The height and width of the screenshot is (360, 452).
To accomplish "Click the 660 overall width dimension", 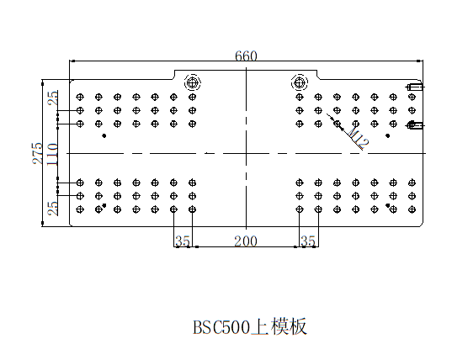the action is coord(246,56).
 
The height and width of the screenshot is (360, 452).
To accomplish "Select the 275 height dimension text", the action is coord(38,153).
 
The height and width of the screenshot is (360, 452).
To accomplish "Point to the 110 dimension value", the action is coord(52,155).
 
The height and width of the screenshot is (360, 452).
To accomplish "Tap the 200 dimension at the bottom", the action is coord(246,241).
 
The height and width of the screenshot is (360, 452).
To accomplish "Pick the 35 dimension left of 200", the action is coord(183,241).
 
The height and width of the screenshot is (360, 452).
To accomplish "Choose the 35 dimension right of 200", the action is coord(308,241).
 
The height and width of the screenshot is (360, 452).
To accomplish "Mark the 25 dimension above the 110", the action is coord(53,98).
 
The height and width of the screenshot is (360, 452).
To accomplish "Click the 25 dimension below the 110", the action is coord(53,209).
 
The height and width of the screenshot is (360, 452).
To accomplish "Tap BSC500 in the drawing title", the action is coord(221,327).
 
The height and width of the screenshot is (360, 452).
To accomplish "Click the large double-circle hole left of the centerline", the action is coord(193,83).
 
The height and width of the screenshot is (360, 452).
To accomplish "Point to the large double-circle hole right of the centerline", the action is coord(300,83).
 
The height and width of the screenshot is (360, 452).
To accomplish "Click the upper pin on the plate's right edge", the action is coord(414,87).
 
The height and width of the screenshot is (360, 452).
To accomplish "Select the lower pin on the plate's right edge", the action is coord(414,125).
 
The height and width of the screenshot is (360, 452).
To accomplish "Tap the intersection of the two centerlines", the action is coord(246,153).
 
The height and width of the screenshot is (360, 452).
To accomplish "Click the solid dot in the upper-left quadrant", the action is coord(104,135).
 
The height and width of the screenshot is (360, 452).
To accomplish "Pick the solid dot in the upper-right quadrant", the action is coord(388,135).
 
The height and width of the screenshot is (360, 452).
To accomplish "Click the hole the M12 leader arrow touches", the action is coord(337,124).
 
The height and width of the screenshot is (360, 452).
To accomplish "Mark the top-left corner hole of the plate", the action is coord(80,97).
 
